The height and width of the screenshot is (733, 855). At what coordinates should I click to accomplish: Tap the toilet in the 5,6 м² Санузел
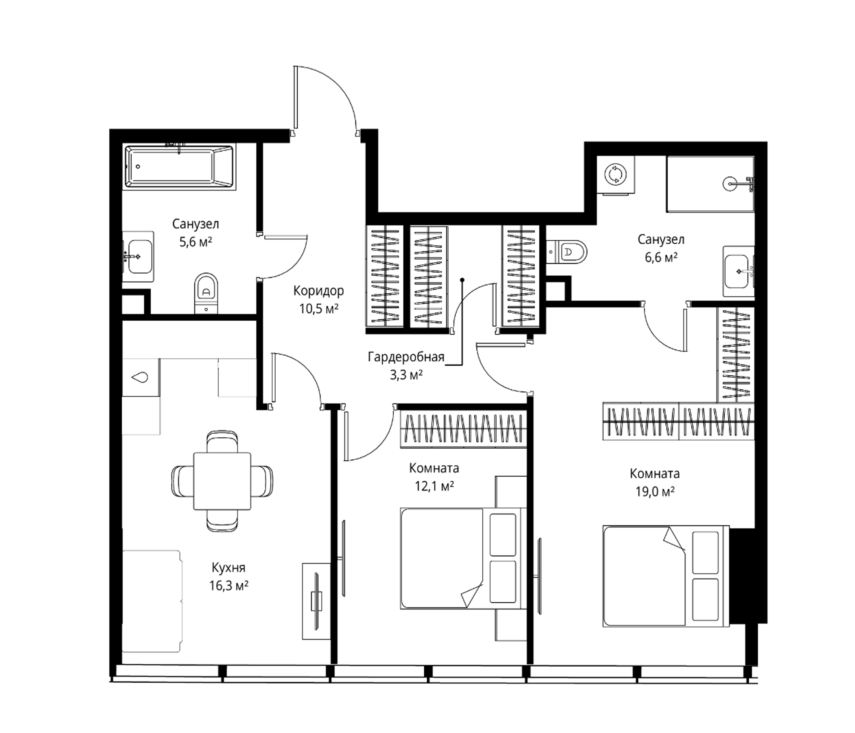(206, 294)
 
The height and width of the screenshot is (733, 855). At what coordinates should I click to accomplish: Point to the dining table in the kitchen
(222, 481)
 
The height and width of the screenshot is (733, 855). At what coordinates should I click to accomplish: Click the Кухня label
(228, 568)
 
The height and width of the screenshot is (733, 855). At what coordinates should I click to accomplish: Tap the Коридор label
(318, 291)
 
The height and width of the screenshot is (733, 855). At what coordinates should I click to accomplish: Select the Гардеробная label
(406, 357)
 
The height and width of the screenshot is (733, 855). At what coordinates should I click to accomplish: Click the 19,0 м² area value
(655, 492)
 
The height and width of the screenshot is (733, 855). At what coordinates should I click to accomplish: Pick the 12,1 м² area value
(434, 486)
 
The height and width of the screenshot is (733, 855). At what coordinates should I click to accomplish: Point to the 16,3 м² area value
(228, 585)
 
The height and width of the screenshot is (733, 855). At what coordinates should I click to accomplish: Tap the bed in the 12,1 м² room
(463, 558)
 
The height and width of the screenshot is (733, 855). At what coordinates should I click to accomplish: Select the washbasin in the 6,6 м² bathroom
(738, 271)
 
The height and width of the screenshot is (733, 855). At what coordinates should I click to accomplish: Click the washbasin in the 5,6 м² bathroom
(138, 256)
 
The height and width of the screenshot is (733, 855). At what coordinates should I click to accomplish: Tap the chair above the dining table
(222, 441)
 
